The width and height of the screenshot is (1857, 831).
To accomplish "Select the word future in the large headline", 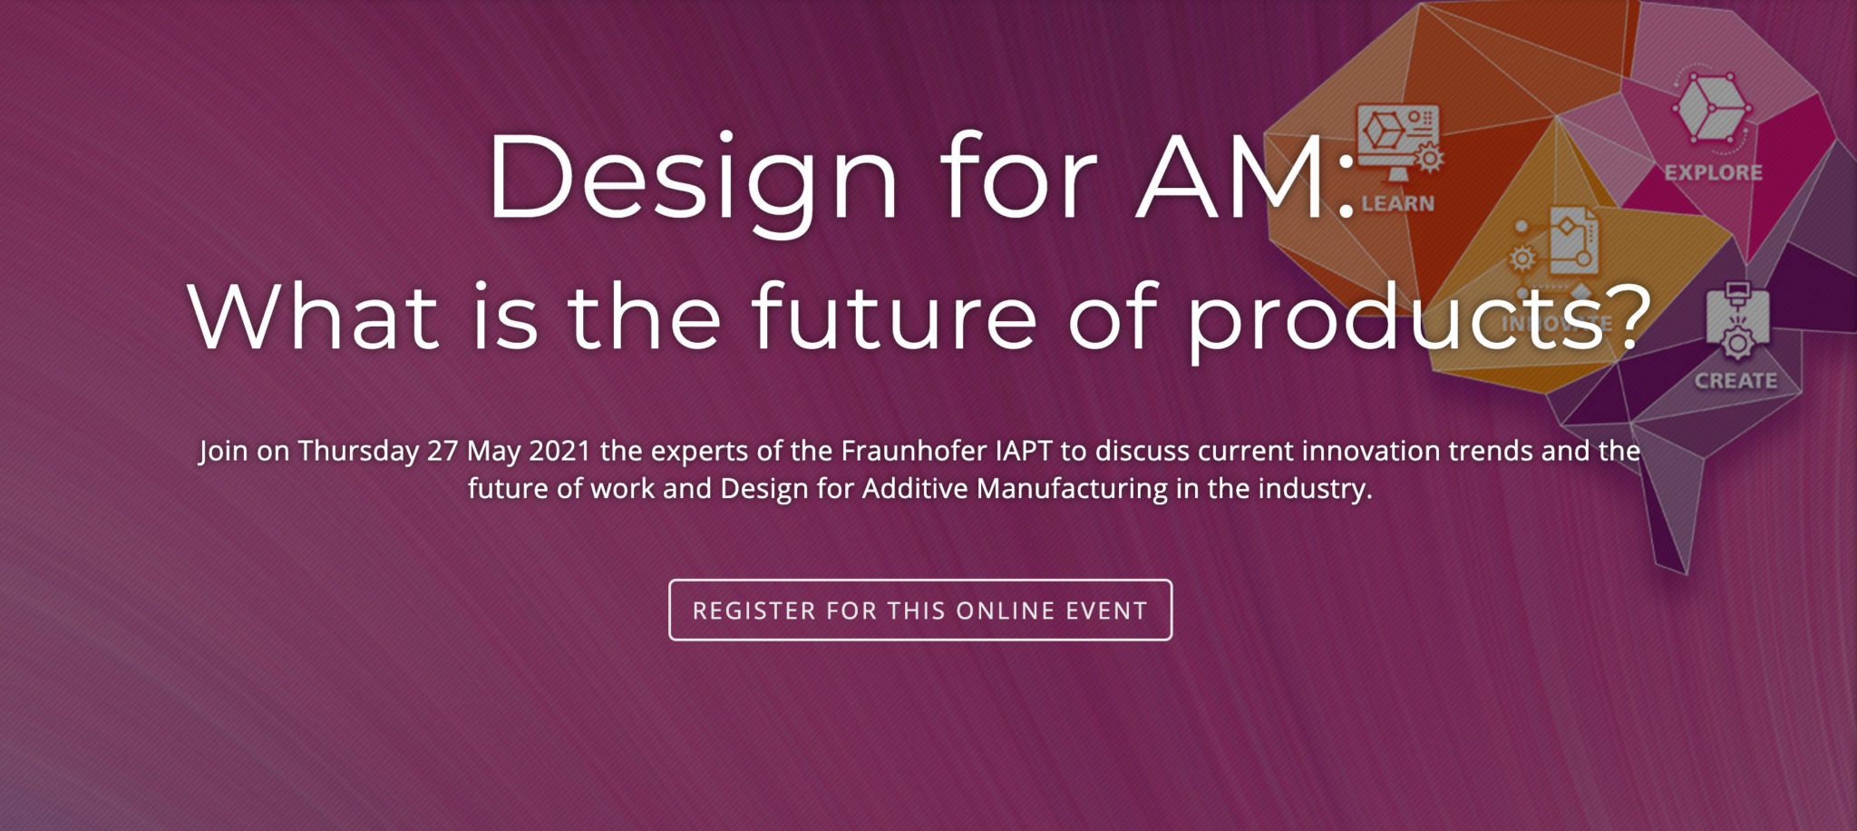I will (894, 318).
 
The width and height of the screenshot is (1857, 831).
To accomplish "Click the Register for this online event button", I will (919, 610).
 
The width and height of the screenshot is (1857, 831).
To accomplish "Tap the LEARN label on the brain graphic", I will (1397, 204).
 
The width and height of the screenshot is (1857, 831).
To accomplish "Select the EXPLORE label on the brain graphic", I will (1713, 172).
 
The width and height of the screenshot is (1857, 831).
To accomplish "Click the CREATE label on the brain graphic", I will (1735, 381).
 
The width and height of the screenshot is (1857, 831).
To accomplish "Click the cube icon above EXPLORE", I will (1711, 108).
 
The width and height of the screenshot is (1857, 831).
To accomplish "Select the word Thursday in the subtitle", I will (358, 451).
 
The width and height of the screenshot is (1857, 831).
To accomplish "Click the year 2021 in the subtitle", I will (559, 451).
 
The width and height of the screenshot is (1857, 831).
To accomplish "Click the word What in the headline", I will (314, 318).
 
